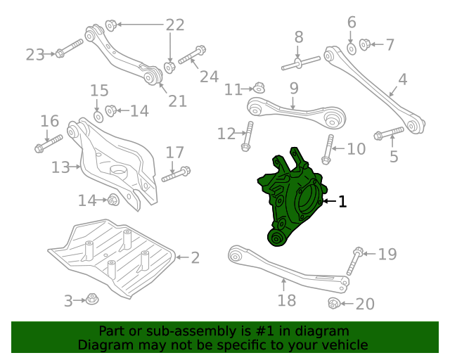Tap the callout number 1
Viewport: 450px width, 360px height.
[342, 202]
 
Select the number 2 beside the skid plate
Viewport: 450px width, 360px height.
[195, 258]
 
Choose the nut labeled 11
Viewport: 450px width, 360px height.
[259, 88]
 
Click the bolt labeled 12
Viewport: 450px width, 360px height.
[247, 136]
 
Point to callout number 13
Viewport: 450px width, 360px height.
[61, 167]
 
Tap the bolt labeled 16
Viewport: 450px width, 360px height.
[48, 143]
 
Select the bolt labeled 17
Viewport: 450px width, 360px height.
[176, 174]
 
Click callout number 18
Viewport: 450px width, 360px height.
[287, 301]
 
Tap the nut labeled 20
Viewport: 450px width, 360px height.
[335, 303]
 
